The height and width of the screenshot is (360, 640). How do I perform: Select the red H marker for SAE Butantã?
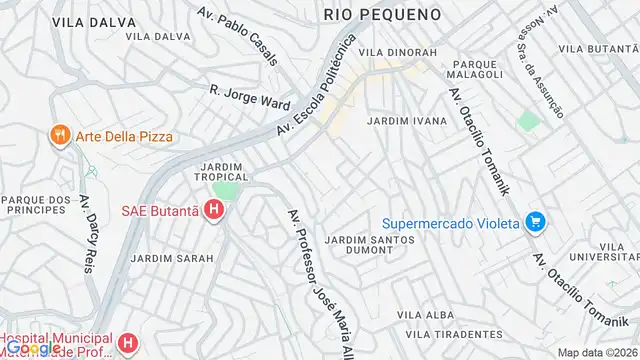click(213, 210)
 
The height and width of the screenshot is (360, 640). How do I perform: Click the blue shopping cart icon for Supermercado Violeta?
click(535, 221)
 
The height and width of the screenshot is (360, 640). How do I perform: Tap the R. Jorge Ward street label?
click(249, 97)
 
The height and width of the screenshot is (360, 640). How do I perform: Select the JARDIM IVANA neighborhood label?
click(407, 120)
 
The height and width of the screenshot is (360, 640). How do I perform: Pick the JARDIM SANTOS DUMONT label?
click(370, 246)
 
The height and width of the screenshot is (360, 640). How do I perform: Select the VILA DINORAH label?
click(398, 52)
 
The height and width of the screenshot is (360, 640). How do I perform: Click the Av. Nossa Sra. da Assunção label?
click(538, 73)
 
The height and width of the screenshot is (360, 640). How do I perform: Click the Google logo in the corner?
click(30, 348)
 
